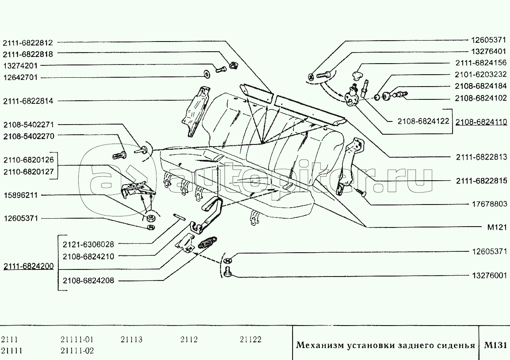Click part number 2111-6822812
tap(28, 43)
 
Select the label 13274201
tap(21, 65)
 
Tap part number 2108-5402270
tap(28, 136)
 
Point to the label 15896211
tap(21, 195)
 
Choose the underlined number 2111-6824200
tap(28, 266)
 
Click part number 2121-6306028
tap(88, 244)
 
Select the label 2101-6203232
tap(480, 74)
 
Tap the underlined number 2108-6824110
tap(482, 122)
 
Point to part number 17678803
tap(487, 205)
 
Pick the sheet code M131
tap(495, 345)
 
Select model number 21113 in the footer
tap(131, 340)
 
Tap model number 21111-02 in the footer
tap(77, 350)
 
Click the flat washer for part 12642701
tap(206, 73)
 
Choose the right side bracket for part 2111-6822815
tap(349, 166)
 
